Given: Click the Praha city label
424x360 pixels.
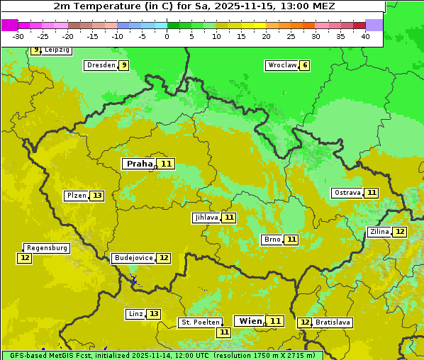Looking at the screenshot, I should pos(139,164).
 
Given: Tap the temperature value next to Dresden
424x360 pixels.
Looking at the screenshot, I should pos(123,65).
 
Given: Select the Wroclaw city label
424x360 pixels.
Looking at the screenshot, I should pos(281,65).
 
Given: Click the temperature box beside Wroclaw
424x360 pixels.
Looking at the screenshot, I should pos(305,65).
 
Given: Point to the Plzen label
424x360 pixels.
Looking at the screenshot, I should pos(76,196).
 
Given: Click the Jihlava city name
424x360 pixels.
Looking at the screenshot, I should pos(206,218).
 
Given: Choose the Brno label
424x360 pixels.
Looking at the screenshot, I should pos(272,240).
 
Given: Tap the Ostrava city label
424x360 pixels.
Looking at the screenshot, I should pos(347,193).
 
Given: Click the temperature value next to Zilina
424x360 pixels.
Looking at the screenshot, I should pos(400,232).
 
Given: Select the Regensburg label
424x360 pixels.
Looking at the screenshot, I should pos(47,248).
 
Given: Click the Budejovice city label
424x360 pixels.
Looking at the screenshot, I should pos(133,258).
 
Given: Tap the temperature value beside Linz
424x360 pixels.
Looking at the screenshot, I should pos(154,314).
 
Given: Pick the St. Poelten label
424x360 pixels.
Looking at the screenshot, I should pos(200,322).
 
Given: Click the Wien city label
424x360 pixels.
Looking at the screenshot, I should pos(250,321).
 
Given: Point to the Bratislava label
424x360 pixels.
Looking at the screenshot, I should pos(333,322).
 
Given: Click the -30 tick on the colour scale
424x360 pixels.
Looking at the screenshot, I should pos(18,35).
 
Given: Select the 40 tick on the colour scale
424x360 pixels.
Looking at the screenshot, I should pos(365,35).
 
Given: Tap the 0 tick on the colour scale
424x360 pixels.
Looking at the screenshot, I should pos(167,35).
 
